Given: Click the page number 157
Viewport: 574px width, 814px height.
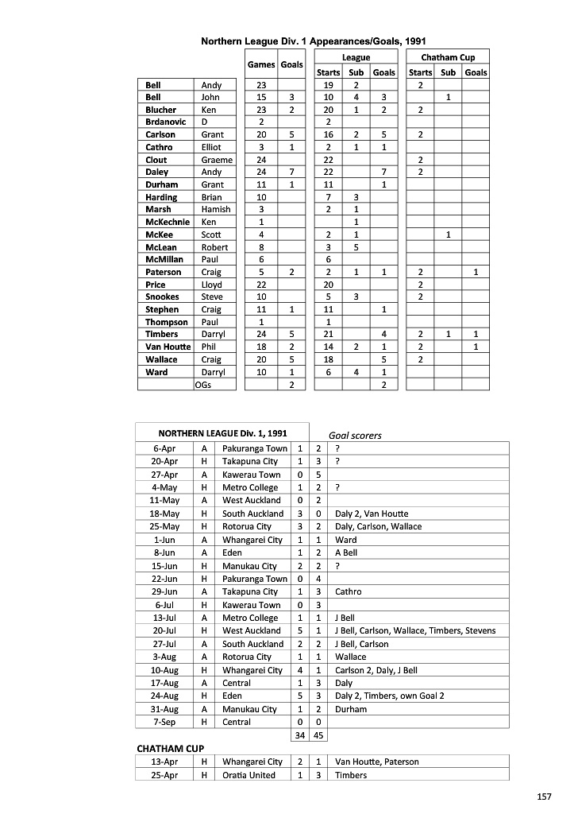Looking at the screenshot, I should tap(545, 796).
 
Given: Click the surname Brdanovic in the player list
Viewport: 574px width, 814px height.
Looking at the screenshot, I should tap(166, 122).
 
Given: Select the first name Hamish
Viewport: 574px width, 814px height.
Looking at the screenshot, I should tap(216, 210).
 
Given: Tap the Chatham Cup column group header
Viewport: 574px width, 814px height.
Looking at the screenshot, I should tap(448, 57).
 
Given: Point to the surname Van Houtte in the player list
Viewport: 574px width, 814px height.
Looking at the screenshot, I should tap(168, 347).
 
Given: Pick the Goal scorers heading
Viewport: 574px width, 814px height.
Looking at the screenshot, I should tap(355, 435).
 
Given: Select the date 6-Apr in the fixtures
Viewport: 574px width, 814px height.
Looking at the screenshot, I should tap(164, 448).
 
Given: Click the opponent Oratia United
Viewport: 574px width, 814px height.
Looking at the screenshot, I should tap(249, 775).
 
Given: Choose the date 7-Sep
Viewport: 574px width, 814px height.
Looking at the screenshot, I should tap(164, 722).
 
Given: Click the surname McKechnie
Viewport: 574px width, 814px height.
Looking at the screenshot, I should tap(167, 222).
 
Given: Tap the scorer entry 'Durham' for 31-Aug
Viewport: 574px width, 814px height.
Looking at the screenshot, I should tap(351, 709).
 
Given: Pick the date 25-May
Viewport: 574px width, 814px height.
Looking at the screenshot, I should tap(164, 526).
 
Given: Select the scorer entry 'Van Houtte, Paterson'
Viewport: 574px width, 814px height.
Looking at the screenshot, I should tap(376, 762).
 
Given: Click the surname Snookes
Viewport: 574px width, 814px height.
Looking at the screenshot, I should tap(162, 297).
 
